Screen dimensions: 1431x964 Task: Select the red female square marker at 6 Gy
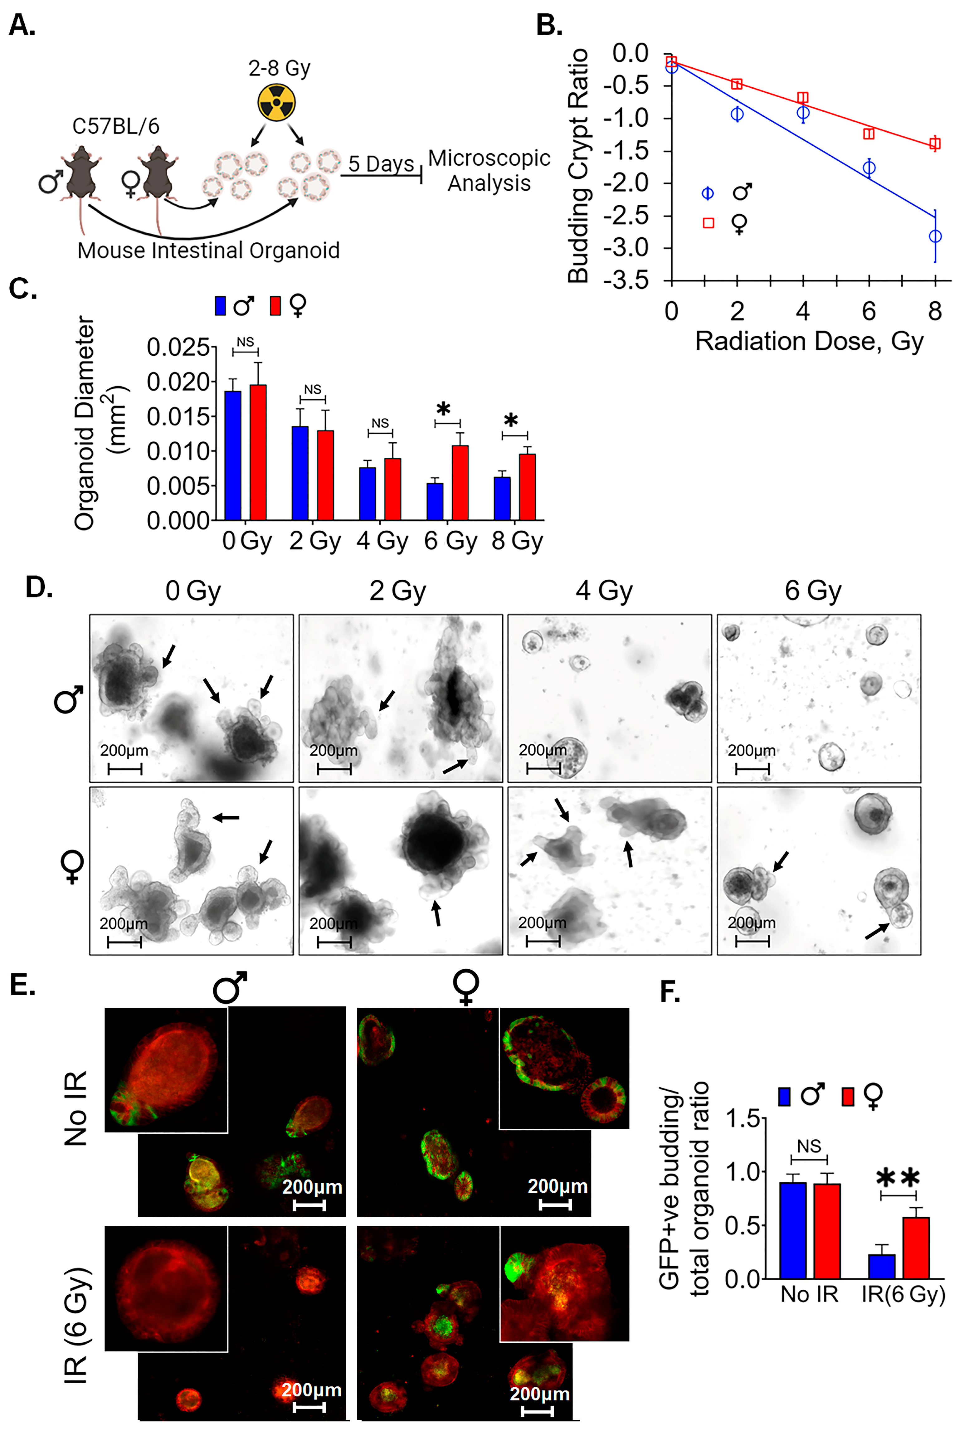pos(869,134)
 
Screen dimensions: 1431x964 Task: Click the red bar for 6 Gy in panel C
pos(460,483)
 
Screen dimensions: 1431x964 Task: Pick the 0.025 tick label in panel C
pos(178,347)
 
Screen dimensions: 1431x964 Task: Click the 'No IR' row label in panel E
pos(76,1108)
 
